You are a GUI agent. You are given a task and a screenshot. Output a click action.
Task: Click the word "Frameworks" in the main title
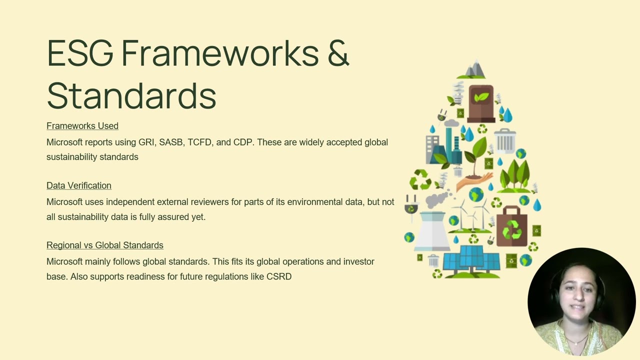tap(220, 53)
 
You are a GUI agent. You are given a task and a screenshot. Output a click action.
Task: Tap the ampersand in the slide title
tap(338, 53)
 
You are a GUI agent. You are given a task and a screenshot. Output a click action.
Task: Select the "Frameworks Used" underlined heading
tap(82, 126)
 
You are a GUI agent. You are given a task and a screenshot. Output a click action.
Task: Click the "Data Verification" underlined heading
tap(79, 185)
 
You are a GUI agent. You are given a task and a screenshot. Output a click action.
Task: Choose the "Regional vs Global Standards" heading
tap(105, 245)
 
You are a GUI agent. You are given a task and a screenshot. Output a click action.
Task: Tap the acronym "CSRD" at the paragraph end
tap(279, 276)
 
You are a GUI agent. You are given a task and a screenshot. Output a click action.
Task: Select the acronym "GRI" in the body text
tap(146, 142)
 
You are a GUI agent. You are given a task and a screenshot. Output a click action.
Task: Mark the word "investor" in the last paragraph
tap(358, 261)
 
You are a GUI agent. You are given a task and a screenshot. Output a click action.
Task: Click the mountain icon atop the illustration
tap(474, 70)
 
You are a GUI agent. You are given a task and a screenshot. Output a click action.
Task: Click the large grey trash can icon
tap(505, 140)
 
